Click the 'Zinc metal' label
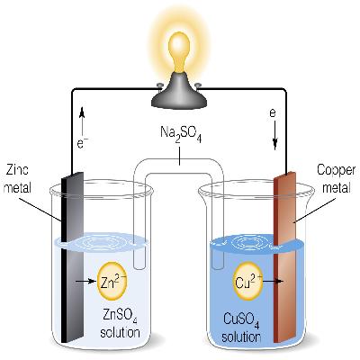pyautogui.click(x=19, y=176)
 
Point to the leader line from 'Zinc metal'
pyautogui.click(x=45, y=201)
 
